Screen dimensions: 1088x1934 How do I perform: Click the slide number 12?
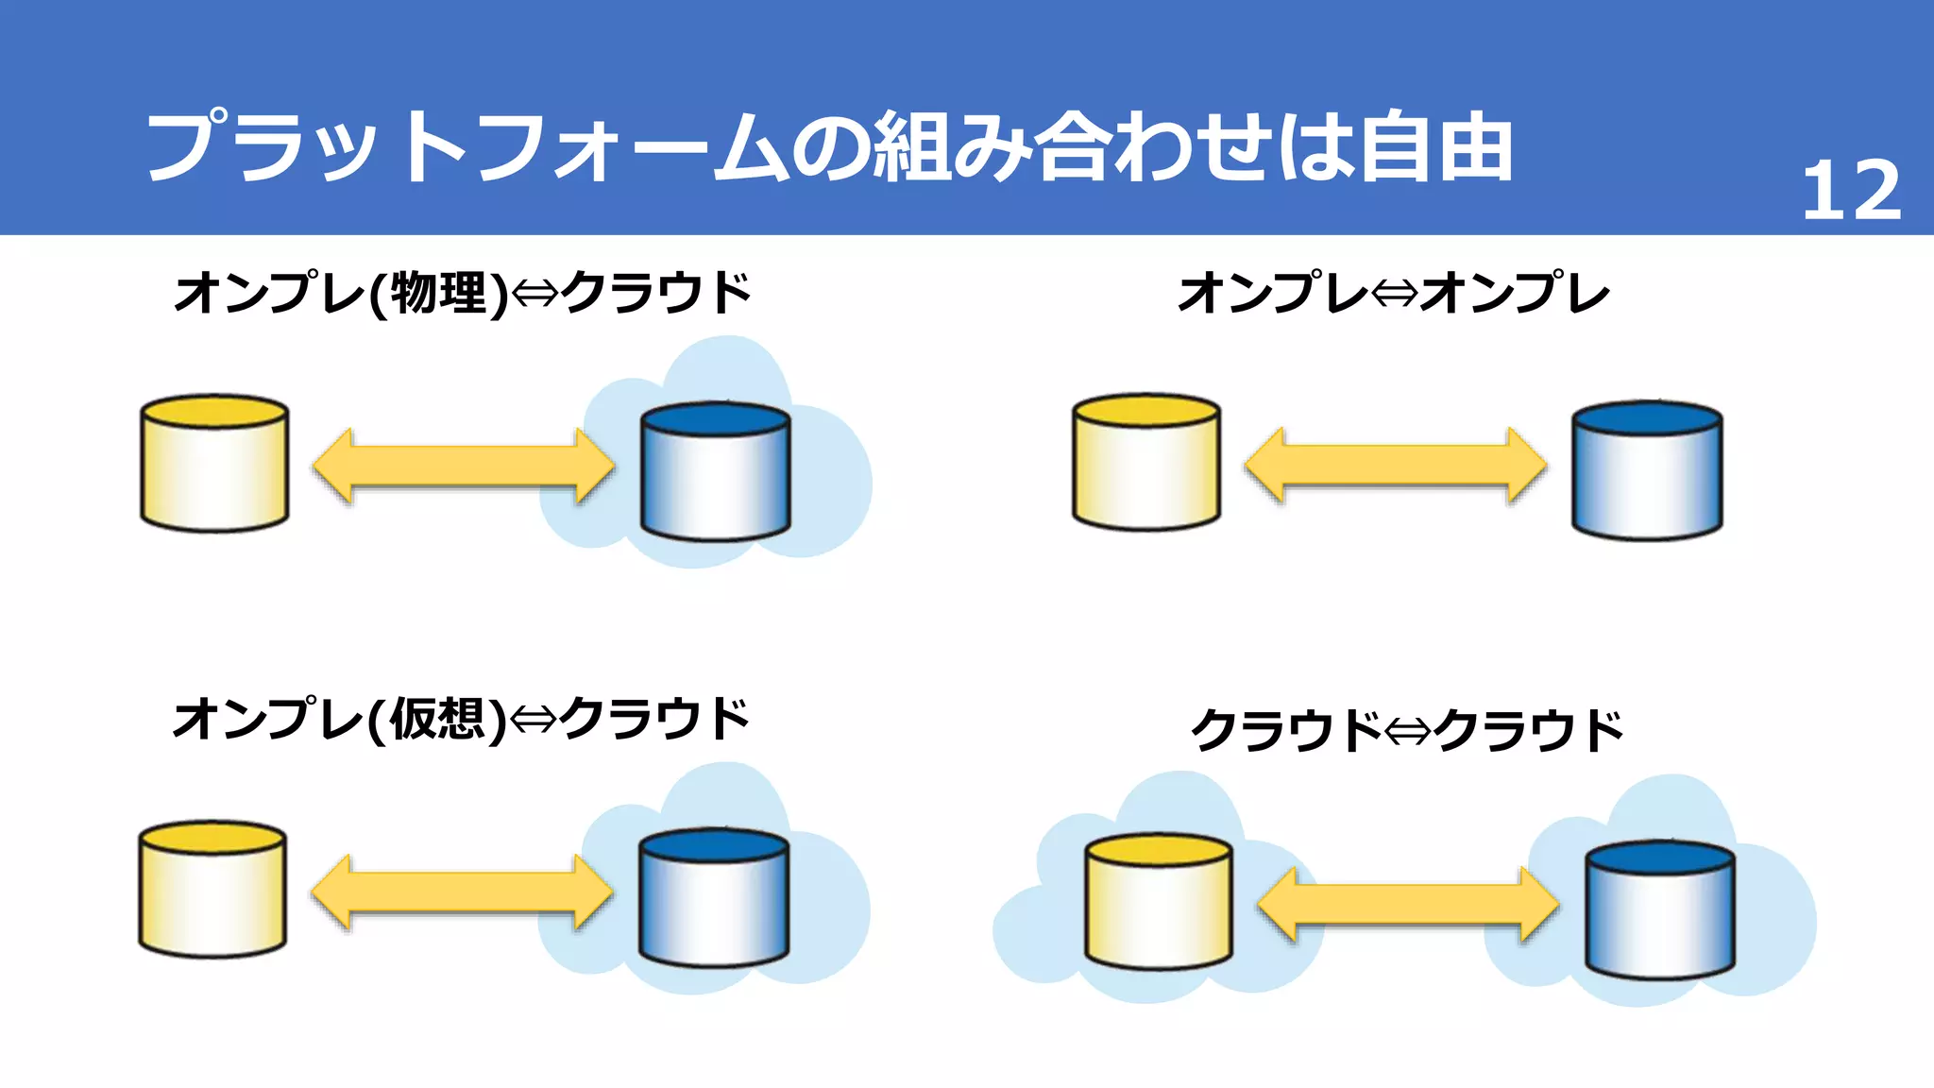pyautogui.click(x=1851, y=192)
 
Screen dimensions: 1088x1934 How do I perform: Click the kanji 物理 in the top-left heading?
pyautogui.click(x=438, y=293)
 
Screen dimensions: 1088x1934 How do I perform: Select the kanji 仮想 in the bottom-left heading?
pyautogui.click(x=437, y=720)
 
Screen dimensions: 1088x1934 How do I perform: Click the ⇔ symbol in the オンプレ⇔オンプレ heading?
pyautogui.click(x=1395, y=294)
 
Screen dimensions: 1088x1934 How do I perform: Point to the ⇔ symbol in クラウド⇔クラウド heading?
pyautogui.click(x=1408, y=731)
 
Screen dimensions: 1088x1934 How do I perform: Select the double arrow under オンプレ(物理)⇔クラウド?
pyautogui.click(x=464, y=467)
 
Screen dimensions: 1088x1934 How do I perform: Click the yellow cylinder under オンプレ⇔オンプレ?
pyautogui.click(x=1146, y=462)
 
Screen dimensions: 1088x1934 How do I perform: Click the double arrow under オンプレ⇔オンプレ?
pyautogui.click(x=1396, y=466)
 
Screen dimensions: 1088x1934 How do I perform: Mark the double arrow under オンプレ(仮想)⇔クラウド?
pyautogui.click(x=462, y=892)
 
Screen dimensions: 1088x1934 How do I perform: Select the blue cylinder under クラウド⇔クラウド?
pyautogui.click(x=1659, y=909)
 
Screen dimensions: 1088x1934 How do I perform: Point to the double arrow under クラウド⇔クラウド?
pyautogui.click(x=1408, y=905)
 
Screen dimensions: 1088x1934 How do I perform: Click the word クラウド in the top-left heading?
pyautogui.click(x=657, y=293)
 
